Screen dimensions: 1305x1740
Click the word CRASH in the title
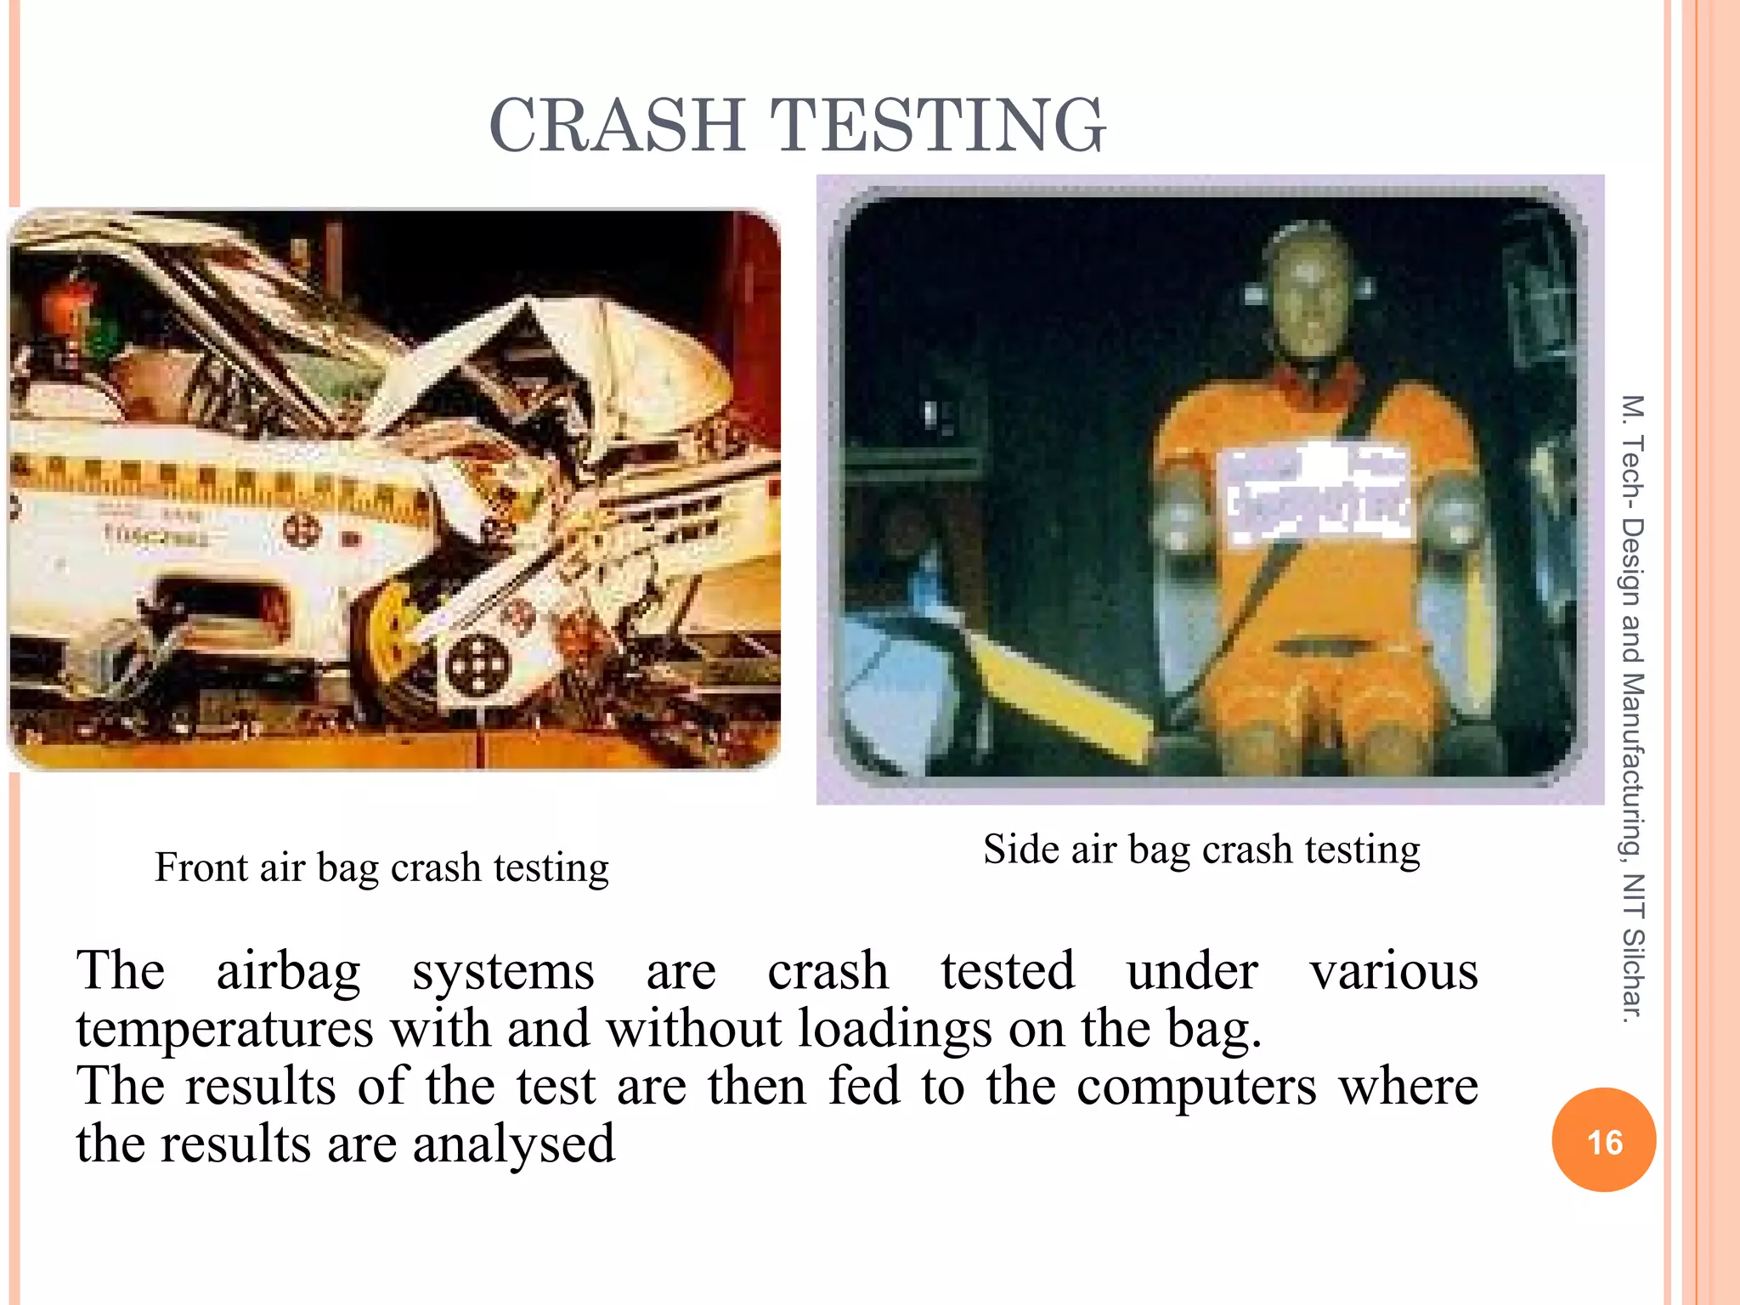click(617, 126)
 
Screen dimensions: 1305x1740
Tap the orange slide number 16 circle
click(1603, 1140)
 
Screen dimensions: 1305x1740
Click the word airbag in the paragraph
click(289, 972)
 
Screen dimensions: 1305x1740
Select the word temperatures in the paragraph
click(224, 1029)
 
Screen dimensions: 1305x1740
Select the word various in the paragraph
click(1393, 972)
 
